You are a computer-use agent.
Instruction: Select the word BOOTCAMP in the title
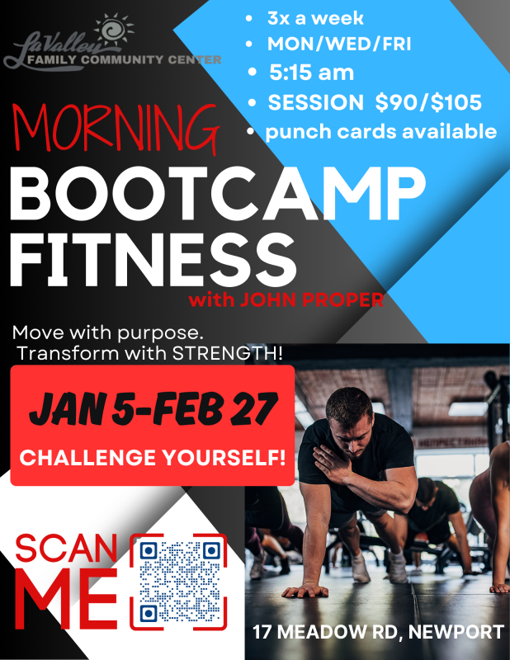click(x=219, y=196)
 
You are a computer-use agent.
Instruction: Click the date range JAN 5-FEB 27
click(x=153, y=408)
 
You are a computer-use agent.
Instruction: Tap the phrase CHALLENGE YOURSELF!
click(x=153, y=456)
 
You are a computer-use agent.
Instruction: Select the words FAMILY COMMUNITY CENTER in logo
click(x=124, y=59)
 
